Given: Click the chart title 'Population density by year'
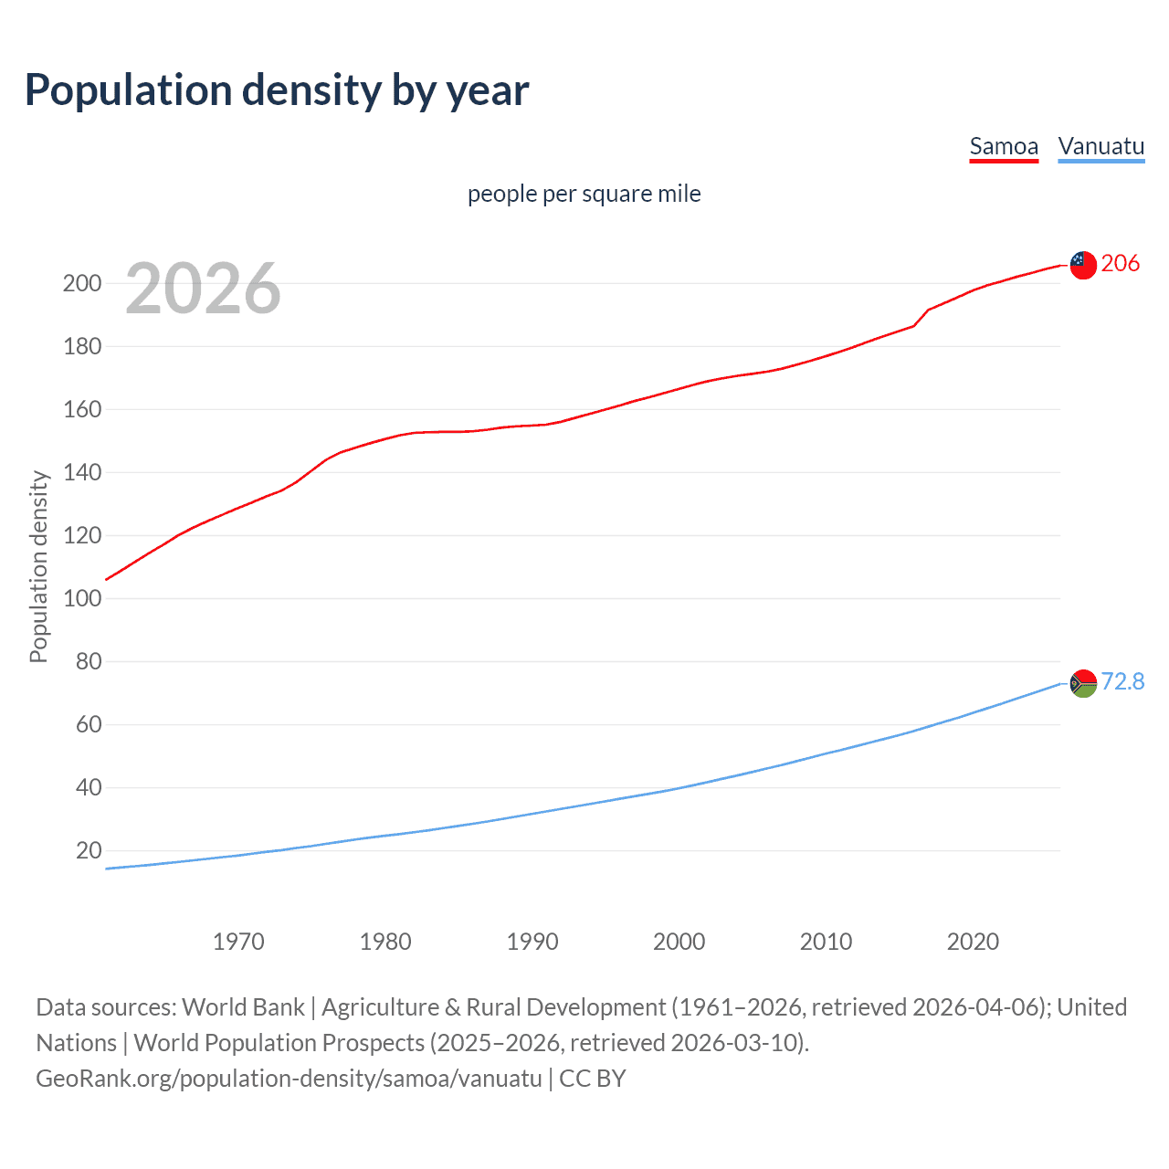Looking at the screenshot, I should pos(277,90).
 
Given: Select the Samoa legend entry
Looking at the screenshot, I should pos(1004,147).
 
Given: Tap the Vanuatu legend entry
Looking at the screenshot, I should pos(1101,147).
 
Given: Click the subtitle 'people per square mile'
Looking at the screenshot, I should pos(584,195).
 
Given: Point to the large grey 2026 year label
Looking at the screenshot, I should pos(203,289).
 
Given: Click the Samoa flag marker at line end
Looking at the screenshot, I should pos(1083,265).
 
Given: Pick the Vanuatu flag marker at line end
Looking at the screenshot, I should pos(1083,683).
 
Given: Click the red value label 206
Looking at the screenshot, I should pos(1121,264).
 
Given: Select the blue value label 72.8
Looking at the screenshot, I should pos(1122,682).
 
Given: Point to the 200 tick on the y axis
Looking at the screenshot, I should pos(81,284).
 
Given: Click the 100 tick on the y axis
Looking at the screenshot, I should pos(81,599).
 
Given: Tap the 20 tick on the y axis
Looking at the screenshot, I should pos(89,851).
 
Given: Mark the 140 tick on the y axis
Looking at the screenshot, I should pos(81,473).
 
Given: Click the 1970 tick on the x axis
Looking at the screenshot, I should pos(238,942).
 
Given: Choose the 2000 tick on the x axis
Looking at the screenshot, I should pos(679,942).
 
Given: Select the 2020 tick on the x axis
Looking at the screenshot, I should pos(973,942).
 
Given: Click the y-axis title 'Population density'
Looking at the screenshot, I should pos(38,566).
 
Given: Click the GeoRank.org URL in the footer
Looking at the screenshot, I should pos(289,1079).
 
